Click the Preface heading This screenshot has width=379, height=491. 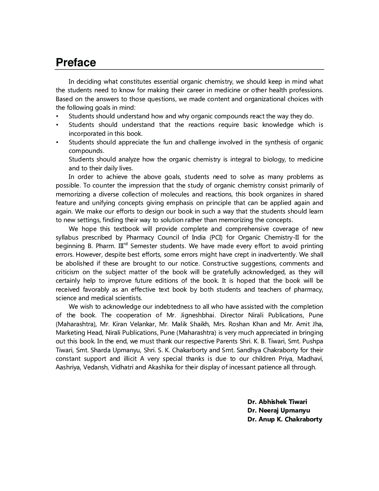tap(76, 62)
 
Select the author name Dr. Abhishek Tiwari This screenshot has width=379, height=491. tap(277, 402)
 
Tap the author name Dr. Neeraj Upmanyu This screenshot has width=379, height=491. tap(279, 410)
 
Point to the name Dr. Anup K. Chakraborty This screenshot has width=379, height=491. tap(285, 419)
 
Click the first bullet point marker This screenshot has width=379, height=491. tap(57, 116)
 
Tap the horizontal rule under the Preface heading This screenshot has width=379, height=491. tap(189, 70)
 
